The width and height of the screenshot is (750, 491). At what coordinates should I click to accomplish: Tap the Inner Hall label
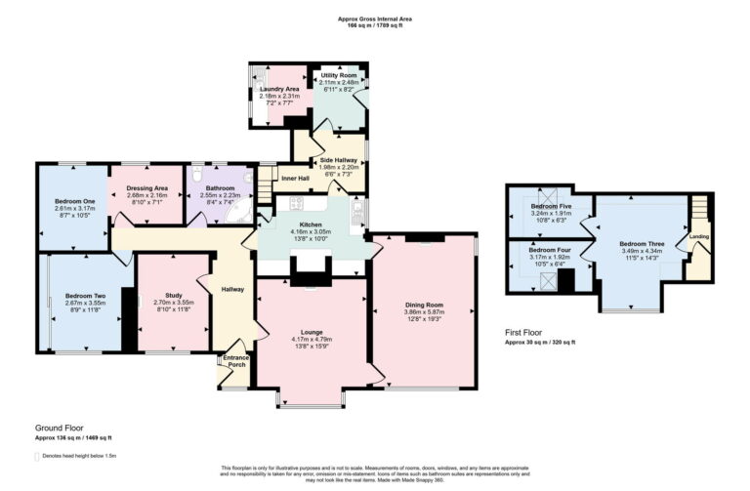296,179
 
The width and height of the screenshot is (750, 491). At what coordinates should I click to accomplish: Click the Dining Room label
425,306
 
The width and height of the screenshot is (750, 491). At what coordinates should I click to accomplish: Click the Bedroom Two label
84,295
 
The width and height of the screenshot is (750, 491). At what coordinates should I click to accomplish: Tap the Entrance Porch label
237,362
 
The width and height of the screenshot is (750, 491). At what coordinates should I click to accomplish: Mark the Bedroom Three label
642,244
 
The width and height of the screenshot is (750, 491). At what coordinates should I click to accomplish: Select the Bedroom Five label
550,207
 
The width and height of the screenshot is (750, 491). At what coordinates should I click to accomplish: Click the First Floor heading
525,333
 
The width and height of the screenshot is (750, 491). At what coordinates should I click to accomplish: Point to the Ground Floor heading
58,429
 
